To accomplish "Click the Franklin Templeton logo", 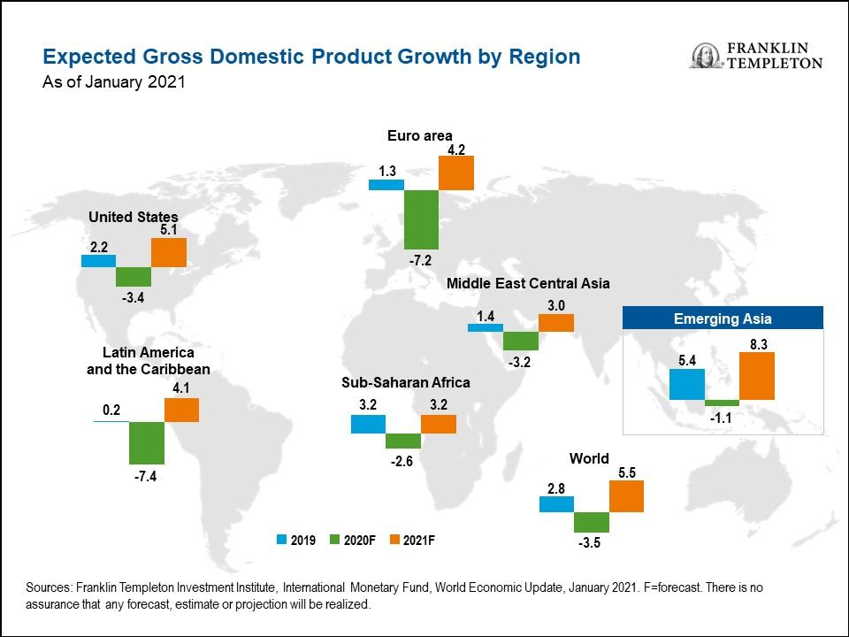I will click(756, 55).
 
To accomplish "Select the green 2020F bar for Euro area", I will click(421, 219).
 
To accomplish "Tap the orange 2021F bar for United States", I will click(169, 253).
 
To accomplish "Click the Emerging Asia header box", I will click(723, 318).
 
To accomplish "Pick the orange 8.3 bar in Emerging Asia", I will click(757, 376).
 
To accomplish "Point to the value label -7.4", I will click(146, 477).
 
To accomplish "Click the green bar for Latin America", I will click(146, 442).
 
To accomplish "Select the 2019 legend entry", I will click(297, 539).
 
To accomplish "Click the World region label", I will click(589, 458).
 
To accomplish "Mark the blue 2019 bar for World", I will click(556, 503).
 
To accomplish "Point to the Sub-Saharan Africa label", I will click(406, 382).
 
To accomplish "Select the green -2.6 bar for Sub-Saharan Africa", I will click(403, 441).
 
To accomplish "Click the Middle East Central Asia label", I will click(528, 284).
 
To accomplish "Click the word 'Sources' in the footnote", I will click(50, 587).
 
